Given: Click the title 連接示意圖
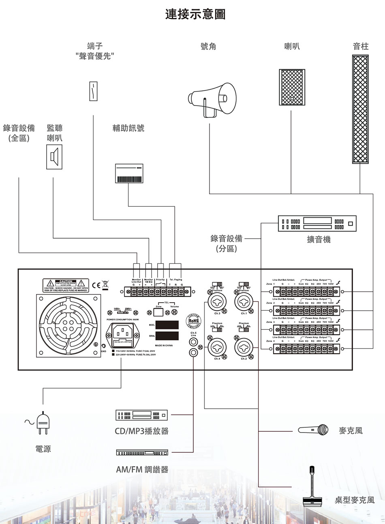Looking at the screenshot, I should (x=195, y=15).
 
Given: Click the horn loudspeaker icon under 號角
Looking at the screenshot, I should (x=211, y=99).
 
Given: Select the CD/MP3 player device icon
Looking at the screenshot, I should (x=141, y=415).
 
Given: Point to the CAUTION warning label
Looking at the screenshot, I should (x=66, y=285).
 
